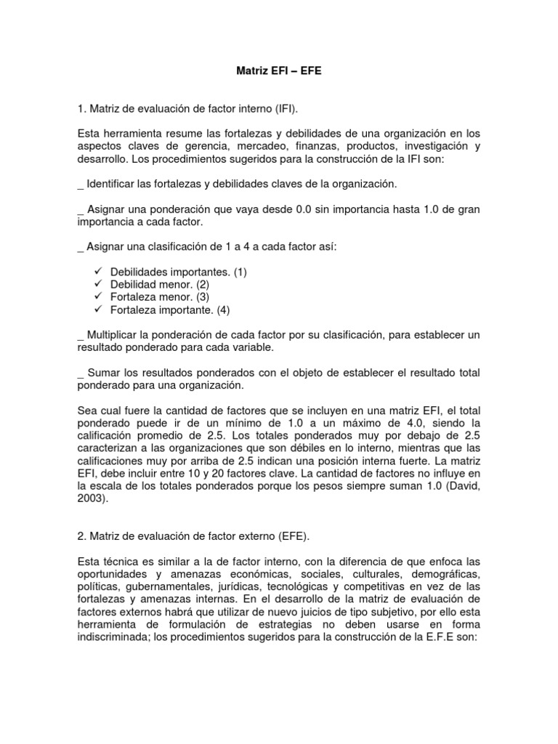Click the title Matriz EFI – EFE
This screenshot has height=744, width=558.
(x=279, y=73)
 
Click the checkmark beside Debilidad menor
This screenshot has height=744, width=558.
(x=100, y=284)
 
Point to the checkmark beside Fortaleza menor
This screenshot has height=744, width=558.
(x=100, y=296)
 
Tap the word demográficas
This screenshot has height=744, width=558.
(x=448, y=575)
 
